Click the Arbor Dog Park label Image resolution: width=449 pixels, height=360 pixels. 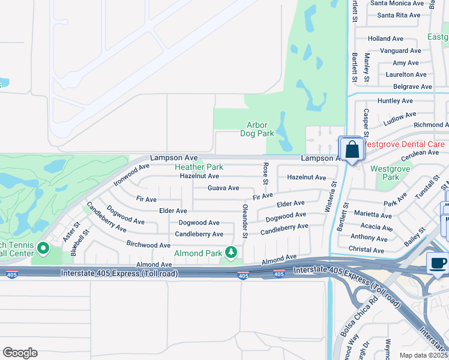[257, 129]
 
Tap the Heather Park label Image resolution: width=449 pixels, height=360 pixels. [199, 167]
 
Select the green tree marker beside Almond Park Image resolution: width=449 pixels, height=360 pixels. [231, 251]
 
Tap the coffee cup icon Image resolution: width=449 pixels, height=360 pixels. [438, 263]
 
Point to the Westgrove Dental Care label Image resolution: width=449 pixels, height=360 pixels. [404, 145]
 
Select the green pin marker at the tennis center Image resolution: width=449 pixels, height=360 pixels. [43, 247]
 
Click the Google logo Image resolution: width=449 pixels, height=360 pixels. [20, 352]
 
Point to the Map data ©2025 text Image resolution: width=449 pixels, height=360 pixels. [423, 355]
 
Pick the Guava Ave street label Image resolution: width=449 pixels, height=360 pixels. [223, 188]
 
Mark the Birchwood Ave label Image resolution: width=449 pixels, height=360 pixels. [148, 245]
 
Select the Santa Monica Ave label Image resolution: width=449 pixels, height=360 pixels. [399, 3]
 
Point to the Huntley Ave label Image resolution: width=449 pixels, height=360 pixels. [395, 101]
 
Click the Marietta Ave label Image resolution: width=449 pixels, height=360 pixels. [373, 214]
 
